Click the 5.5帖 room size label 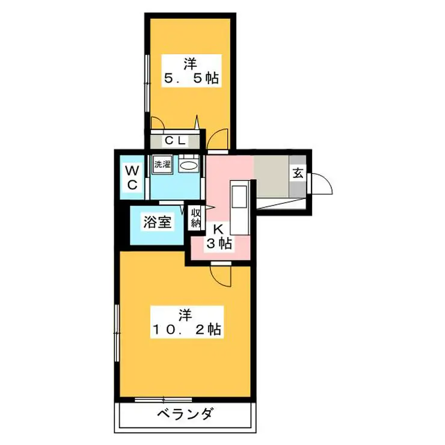(x=191, y=78)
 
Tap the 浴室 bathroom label (x=157, y=222)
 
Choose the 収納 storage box (x=195, y=218)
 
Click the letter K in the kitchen (x=219, y=229)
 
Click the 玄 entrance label (x=297, y=174)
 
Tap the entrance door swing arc (x=322, y=183)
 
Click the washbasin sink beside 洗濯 (x=188, y=164)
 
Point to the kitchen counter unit (x=238, y=207)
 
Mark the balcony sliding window (x=163, y=399)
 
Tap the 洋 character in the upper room (x=191, y=62)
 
